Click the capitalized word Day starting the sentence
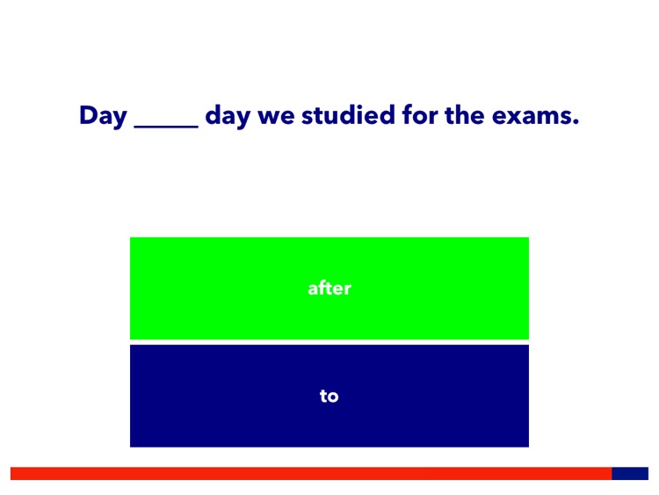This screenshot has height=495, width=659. click(103, 116)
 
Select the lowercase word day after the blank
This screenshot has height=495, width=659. click(228, 117)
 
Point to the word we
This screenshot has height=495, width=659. click(276, 117)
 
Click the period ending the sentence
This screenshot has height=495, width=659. click(576, 123)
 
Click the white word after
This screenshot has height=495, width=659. click(329, 288)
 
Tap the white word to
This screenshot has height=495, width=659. click(329, 397)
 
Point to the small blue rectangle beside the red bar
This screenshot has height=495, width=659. click(630, 473)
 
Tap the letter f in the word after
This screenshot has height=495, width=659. click(322, 288)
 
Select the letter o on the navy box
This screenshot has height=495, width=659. click(333, 397)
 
